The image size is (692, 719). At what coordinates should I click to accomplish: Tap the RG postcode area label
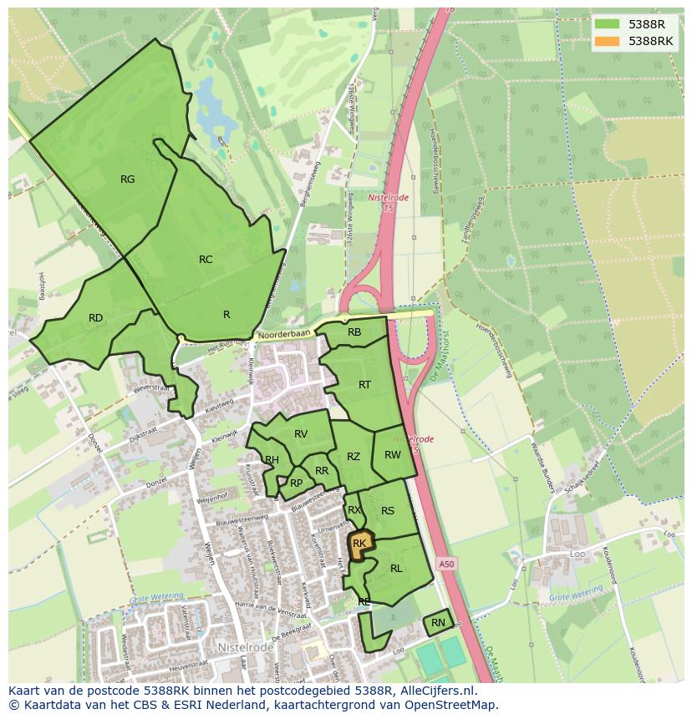click(127, 180)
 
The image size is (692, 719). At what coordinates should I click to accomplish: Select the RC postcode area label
click(206, 260)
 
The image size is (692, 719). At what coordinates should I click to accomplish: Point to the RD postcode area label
click(95, 318)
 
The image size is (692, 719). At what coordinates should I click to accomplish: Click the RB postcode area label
click(354, 332)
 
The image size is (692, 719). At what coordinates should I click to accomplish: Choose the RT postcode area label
click(364, 385)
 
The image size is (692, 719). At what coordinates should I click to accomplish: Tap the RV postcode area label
click(301, 434)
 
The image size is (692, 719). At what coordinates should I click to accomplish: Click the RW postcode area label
click(393, 455)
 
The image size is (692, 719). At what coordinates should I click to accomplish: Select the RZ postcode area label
click(354, 457)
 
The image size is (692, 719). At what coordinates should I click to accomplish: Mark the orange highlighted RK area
click(359, 544)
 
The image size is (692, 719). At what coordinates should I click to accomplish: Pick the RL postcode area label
click(396, 569)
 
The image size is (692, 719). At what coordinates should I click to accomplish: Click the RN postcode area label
click(438, 623)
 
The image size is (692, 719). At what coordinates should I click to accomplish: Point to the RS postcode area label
click(388, 511)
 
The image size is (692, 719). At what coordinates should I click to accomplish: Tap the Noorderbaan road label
click(283, 333)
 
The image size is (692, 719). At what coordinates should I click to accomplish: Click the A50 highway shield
click(447, 565)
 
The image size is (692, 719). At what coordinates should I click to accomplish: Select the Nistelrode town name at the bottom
click(244, 647)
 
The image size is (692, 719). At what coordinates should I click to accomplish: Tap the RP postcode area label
click(296, 483)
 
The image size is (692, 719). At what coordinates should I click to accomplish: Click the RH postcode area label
click(272, 460)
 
